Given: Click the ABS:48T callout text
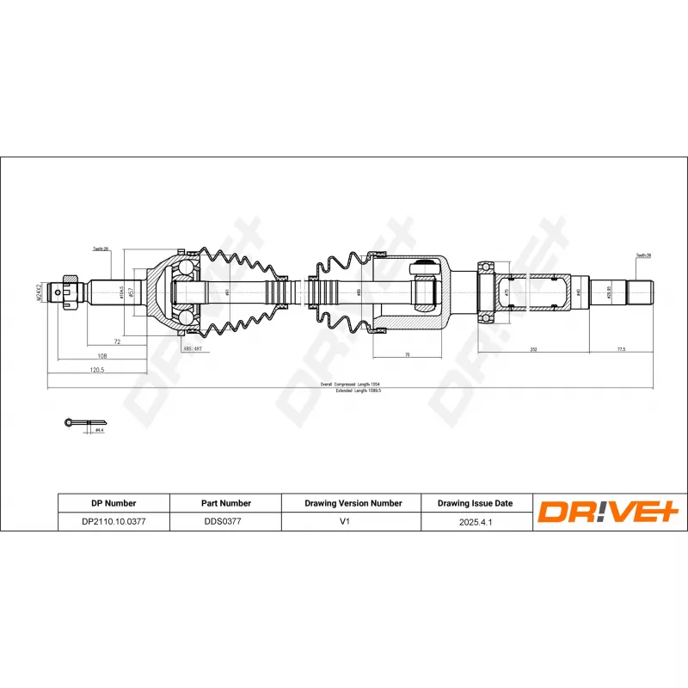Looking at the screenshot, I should pyautogui.click(x=192, y=349).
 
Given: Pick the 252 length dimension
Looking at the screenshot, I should pyautogui.click(x=533, y=350).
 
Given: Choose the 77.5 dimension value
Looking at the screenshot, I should pyautogui.click(x=621, y=350).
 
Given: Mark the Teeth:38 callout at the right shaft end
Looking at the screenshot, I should pyautogui.click(x=644, y=255).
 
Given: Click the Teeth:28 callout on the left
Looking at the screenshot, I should pyautogui.click(x=101, y=249).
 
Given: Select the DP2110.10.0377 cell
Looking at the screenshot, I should pyautogui.click(x=114, y=521).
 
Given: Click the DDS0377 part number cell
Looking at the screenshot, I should pyautogui.click(x=223, y=521).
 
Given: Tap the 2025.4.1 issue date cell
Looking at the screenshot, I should pyautogui.click(x=475, y=521).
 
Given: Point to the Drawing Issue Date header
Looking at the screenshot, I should pyautogui.click(x=475, y=503).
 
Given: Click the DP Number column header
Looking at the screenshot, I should pyautogui.click(x=114, y=503).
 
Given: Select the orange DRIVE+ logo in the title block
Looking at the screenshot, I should pyautogui.click(x=609, y=513).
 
